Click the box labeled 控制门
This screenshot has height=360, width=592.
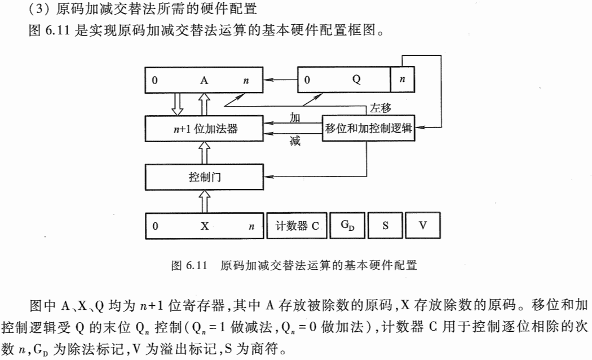205,178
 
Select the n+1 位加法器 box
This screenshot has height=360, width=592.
205,129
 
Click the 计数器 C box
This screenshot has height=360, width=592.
297,226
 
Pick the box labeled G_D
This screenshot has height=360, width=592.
347,226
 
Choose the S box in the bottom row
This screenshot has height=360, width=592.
385,226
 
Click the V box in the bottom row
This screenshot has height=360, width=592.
422,226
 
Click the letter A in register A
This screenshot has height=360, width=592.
204,80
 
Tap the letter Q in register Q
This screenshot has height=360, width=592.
356,80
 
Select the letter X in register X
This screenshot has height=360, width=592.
205,226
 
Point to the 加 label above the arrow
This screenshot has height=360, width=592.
295,117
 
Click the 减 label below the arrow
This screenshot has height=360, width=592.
295,141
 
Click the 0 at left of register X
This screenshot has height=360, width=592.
155,226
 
